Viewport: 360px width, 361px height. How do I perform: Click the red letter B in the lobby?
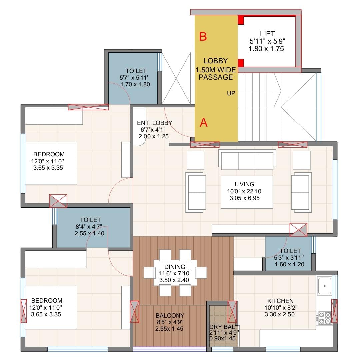[x=203, y=36]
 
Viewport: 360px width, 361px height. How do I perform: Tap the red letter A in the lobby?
[x=204, y=122]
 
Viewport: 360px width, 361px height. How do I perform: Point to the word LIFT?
[x=267, y=34]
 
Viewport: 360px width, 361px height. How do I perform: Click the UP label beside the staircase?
[x=231, y=93]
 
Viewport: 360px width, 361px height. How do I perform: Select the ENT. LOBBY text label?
[x=154, y=123]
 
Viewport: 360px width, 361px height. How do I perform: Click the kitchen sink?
[x=325, y=286]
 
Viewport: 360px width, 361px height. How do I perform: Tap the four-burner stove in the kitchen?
[x=325, y=318]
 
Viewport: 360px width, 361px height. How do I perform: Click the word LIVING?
[x=244, y=184]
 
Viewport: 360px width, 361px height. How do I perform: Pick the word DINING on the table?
[x=175, y=267]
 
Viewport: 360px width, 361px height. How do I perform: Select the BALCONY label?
[x=170, y=315]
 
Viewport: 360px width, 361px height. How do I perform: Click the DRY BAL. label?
[x=223, y=327]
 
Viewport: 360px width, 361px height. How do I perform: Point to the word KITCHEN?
[x=280, y=301]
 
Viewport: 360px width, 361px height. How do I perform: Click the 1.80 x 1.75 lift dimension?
[x=266, y=49]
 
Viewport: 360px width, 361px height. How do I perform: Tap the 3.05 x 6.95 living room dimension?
[x=245, y=198]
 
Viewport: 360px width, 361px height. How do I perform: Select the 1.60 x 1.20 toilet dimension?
[x=289, y=264]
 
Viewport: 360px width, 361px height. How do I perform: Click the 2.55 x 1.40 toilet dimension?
[x=89, y=233]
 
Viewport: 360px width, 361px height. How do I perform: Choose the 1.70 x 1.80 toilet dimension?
[x=135, y=84]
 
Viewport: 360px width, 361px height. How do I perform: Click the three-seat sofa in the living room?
[x=247, y=160]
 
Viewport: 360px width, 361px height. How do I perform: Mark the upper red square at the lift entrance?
[x=241, y=20]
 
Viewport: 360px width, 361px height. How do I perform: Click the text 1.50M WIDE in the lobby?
[x=216, y=70]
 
